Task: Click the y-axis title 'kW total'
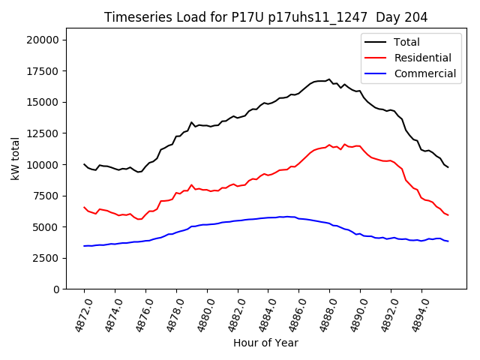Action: pos(15,158)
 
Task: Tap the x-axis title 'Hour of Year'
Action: pos(265,343)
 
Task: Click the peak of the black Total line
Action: pos(329,79)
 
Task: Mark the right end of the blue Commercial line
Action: pos(448,241)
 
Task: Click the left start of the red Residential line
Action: pos(84,207)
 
